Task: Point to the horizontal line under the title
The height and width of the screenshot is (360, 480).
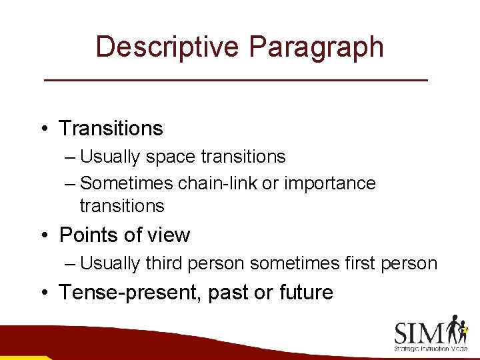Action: pos(235,80)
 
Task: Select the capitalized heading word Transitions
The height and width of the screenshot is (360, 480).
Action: pos(111,128)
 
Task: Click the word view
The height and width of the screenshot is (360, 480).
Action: pos(170,235)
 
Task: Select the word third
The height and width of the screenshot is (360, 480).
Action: pos(163,264)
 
